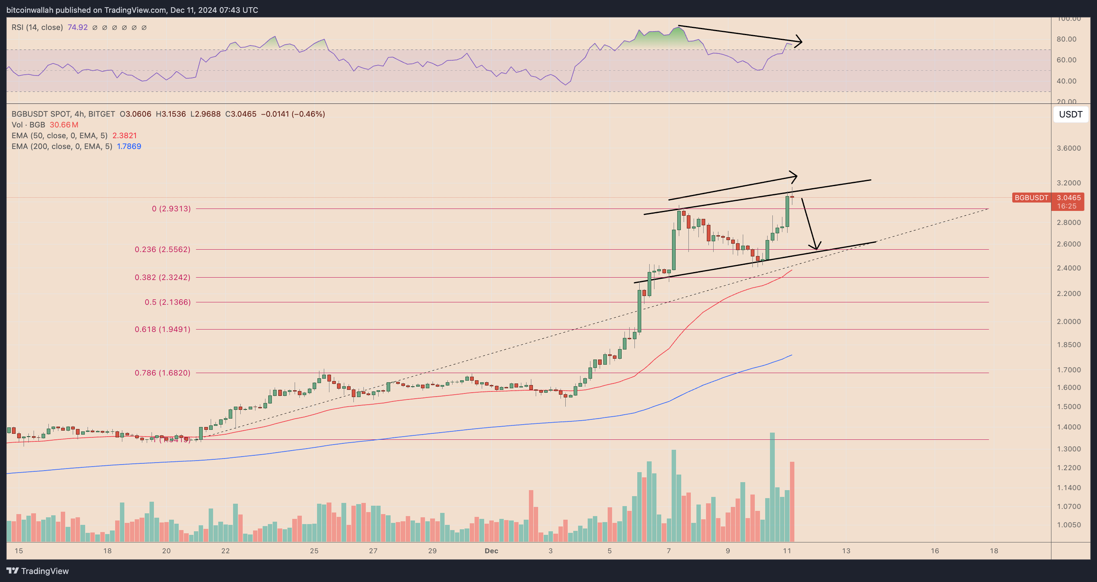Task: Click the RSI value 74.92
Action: pyautogui.click(x=78, y=27)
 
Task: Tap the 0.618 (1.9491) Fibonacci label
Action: pyautogui.click(x=162, y=329)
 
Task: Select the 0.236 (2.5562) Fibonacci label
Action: pyautogui.click(x=162, y=249)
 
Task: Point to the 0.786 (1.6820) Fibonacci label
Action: pyautogui.click(x=162, y=373)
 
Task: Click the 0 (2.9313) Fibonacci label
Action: pyautogui.click(x=171, y=209)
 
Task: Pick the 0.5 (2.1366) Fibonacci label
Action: pyautogui.click(x=168, y=302)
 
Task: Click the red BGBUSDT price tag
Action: pyautogui.click(x=1031, y=198)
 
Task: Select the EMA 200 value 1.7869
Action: pyautogui.click(x=129, y=146)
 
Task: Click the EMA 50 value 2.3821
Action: pyautogui.click(x=124, y=136)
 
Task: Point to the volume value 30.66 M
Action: pyautogui.click(x=64, y=125)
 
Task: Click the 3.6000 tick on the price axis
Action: pyautogui.click(x=1069, y=149)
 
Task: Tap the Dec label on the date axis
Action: pyautogui.click(x=491, y=551)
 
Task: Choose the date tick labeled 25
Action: pyautogui.click(x=314, y=551)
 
